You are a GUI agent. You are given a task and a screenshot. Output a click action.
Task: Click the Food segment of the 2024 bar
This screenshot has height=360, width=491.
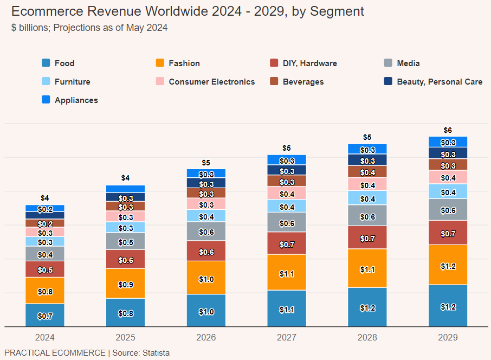click(45, 315)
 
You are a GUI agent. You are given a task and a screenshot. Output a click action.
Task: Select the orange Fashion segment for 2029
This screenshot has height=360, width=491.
click(448, 265)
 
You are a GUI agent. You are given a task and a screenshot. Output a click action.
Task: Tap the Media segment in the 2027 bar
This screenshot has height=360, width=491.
click(287, 222)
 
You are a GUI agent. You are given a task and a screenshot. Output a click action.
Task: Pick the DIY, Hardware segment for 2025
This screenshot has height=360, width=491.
click(125, 259)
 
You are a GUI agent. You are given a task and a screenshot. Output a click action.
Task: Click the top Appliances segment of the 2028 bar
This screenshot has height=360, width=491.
click(367, 149)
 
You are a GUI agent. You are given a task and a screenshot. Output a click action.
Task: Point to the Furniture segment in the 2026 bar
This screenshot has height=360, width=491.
click(206, 216)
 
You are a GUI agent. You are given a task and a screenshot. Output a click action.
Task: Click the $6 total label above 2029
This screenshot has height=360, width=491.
click(448, 130)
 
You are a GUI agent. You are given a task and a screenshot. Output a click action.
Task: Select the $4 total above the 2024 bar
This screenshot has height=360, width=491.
click(45, 198)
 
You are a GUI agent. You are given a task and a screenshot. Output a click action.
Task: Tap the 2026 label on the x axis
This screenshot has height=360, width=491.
click(206, 337)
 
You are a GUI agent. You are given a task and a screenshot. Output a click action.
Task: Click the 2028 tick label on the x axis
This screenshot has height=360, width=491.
click(367, 337)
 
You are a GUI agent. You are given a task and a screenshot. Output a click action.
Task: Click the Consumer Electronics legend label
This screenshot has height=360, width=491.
click(211, 82)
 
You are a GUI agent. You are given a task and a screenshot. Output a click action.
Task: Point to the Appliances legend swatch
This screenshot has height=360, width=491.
click(46, 100)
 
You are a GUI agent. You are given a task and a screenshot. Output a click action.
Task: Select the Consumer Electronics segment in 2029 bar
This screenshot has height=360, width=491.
click(448, 177)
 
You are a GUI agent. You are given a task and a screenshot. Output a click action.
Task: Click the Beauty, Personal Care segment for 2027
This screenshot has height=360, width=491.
click(287, 170)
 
